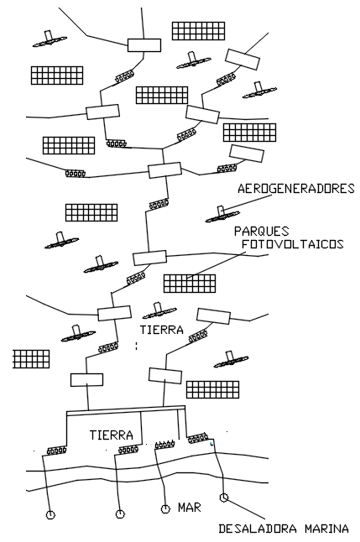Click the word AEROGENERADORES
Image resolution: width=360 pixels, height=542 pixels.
296,189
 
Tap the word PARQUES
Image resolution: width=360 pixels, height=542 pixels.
262,231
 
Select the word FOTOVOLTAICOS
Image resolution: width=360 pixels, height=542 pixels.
293,244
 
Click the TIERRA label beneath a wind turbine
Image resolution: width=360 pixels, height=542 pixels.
161,330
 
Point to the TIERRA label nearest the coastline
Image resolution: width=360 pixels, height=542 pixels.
112,435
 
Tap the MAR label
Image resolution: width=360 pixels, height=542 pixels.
190,508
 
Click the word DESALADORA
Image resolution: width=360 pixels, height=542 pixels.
258,529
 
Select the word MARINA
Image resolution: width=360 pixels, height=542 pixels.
326,529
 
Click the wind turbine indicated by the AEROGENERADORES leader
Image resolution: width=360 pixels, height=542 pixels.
222,215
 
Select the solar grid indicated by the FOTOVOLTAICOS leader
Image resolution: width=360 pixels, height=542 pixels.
190,284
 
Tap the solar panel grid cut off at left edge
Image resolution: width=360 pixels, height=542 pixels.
31,359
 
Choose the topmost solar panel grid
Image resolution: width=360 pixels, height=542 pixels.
198,31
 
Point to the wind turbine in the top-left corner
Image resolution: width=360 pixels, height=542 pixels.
50,39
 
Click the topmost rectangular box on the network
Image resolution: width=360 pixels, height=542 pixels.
144,45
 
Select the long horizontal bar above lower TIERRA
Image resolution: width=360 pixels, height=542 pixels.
126,409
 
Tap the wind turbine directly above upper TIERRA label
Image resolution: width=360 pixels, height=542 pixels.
159,311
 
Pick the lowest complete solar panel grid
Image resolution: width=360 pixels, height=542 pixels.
212,390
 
